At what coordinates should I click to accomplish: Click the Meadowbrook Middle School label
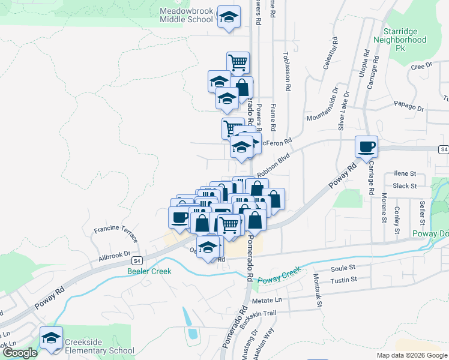click(x=186, y=15)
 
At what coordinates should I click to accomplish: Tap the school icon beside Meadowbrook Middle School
click(x=228, y=17)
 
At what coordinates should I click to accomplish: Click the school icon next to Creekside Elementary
click(x=52, y=338)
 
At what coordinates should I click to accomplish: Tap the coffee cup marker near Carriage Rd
click(x=366, y=146)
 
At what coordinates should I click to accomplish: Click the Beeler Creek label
click(x=149, y=271)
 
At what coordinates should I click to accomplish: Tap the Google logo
click(x=20, y=353)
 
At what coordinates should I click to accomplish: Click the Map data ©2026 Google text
click(x=411, y=355)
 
